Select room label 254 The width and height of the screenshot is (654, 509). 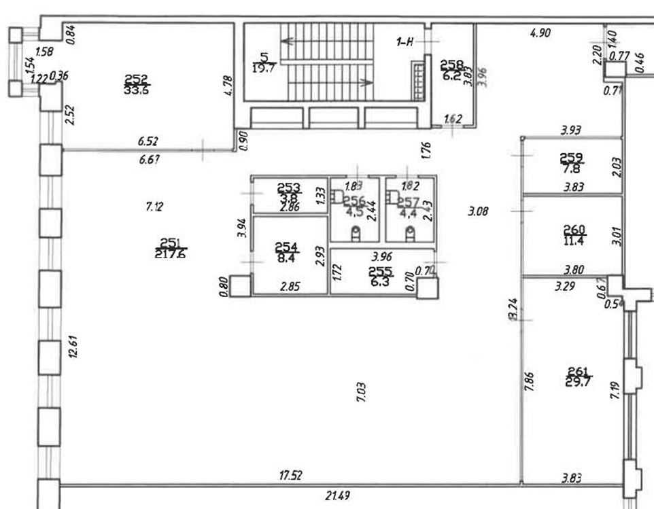[x=286, y=247]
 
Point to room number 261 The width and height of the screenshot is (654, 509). [x=579, y=370]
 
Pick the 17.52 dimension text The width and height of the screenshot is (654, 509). [x=291, y=476]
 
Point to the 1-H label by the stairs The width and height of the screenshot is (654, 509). [x=405, y=42]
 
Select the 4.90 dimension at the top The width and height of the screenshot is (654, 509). [x=540, y=32]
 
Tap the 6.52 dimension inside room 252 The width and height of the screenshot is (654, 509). [x=148, y=141]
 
